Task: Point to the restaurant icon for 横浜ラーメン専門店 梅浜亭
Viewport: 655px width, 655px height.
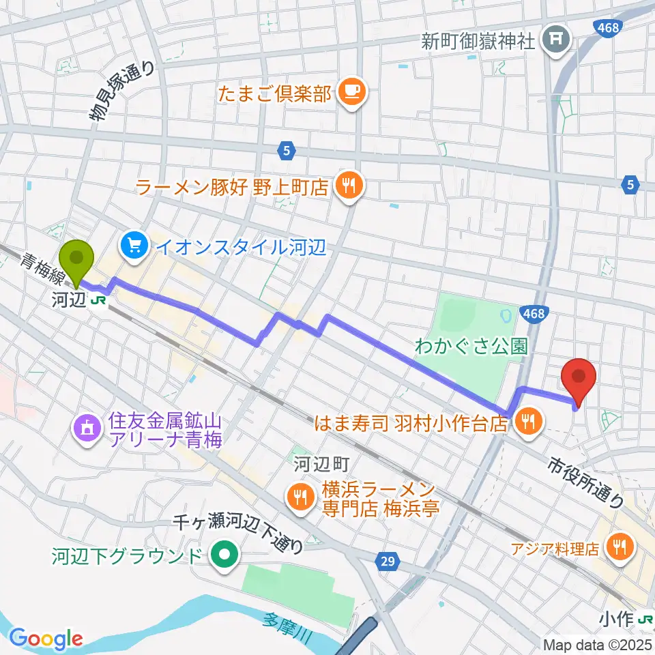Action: click(299, 497)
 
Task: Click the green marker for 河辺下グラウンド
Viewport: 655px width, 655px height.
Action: click(223, 555)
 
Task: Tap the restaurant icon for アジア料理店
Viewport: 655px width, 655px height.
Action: click(620, 547)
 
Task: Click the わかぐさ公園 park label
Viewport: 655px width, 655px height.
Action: click(471, 346)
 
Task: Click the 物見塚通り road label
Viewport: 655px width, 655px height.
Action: click(128, 89)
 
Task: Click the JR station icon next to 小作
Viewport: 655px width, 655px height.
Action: click(645, 620)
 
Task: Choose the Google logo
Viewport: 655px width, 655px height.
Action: click(46, 638)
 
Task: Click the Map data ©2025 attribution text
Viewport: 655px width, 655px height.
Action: click(597, 644)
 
